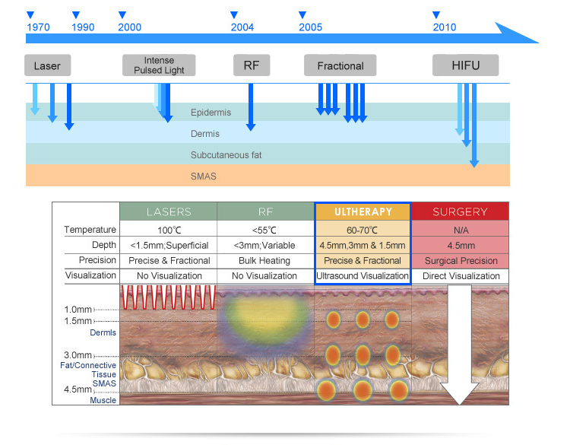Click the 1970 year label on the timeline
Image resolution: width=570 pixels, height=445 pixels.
click(x=38, y=27)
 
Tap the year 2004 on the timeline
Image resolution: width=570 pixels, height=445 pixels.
click(x=242, y=27)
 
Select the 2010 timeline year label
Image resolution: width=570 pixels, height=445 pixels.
click(x=445, y=27)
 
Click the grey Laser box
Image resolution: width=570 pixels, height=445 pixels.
click(x=47, y=65)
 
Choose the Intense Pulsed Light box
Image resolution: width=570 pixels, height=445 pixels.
click(x=159, y=65)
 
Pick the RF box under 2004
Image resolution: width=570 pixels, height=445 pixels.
click(x=252, y=65)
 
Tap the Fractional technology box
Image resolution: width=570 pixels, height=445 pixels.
click(x=340, y=65)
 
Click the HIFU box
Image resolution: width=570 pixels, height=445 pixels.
click(x=466, y=65)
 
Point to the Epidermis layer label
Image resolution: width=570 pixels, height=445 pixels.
click(x=211, y=113)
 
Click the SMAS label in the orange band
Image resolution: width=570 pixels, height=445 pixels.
click(x=204, y=176)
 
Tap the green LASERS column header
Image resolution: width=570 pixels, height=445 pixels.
click(x=169, y=212)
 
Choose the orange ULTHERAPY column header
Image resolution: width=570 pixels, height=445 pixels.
click(x=363, y=212)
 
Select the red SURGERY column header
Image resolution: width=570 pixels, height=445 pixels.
click(x=460, y=212)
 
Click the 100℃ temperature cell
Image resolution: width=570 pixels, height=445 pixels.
click(x=169, y=230)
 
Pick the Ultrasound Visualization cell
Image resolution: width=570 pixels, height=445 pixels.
click(x=363, y=275)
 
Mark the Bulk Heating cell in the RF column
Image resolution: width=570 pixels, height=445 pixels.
click(x=265, y=260)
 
